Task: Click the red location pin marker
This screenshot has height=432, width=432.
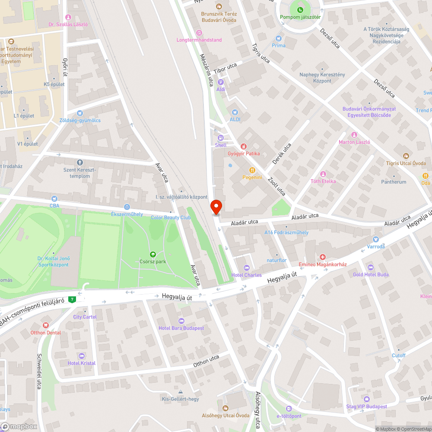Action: (x=216, y=207)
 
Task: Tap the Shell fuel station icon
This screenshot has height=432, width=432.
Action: (x=221, y=138)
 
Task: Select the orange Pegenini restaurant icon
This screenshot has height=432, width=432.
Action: (x=252, y=170)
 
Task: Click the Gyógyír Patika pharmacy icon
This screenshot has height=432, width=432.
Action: (x=244, y=146)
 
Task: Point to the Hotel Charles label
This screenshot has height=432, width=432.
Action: (x=247, y=275)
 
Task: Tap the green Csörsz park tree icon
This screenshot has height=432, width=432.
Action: (x=152, y=254)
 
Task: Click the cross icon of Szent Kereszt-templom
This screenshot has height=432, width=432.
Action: (x=79, y=162)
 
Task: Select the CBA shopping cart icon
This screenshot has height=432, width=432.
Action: (x=54, y=198)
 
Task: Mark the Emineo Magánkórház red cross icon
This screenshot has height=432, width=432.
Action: (x=322, y=257)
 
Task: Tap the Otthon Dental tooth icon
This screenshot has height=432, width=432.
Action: (x=46, y=325)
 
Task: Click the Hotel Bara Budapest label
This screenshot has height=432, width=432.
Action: (x=181, y=328)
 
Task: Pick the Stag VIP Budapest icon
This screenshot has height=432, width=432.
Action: (x=367, y=399)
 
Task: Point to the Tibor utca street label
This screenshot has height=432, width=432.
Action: (x=226, y=68)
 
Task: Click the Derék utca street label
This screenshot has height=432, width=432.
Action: (x=281, y=154)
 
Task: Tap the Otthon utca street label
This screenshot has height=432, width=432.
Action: (x=206, y=361)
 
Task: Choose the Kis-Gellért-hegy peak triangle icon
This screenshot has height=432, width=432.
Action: (x=181, y=392)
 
